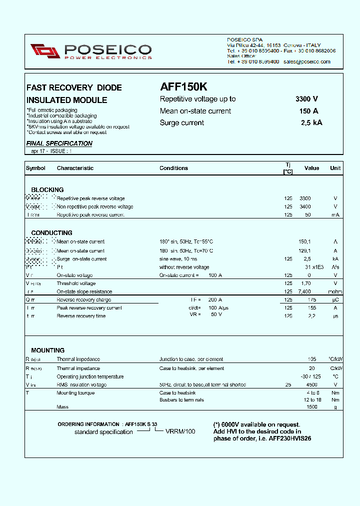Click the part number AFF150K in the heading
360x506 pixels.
pyautogui.click(x=183, y=86)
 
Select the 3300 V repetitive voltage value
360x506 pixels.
pyautogui.click(x=306, y=99)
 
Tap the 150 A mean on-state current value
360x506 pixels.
pyautogui.click(x=308, y=111)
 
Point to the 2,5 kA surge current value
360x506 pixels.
pyautogui.click(x=311, y=123)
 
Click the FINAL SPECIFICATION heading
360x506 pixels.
pyautogui.click(x=59, y=143)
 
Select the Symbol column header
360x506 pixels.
pyautogui.click(x=35, y=168)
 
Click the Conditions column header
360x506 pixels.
pyautogui.click(x=173, y=168)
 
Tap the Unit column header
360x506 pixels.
pyautogui.click(x=335, y=168)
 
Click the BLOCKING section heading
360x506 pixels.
pyautogui.click(x=47, y=190)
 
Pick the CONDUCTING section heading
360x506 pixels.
pyautogui.click(x=51, y=233)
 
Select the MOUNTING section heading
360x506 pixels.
pyautogui.click(x=47, y=350)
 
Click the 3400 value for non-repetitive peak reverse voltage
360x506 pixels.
pyautogui.click(x=304, y=206)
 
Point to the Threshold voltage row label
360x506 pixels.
pyautogui.click(x=76, y=283)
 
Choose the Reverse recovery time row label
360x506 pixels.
pyautogui.click(x=80, y=316)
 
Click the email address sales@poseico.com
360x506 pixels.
pyautogui.click(x=306, y=61)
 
